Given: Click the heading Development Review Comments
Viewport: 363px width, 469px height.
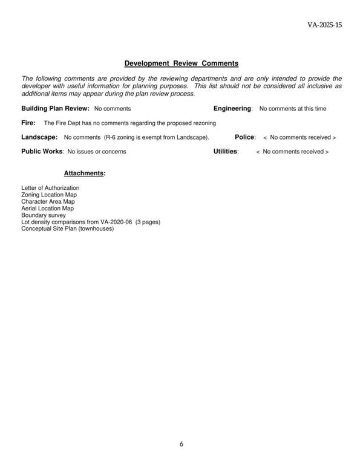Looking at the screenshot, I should click(x=181, y=63).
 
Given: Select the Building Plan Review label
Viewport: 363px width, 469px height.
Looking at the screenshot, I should click(x=55, y=108).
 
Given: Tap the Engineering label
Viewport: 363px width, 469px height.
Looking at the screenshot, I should click(x=232, y=108).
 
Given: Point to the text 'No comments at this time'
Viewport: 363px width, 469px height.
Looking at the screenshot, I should click(x=293, y=109).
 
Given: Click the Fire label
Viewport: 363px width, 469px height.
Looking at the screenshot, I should click(x=28, y=123).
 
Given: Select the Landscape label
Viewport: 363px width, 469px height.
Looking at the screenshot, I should click(x=39, y=137).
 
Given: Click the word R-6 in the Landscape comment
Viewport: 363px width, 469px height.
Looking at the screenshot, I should click(x=113, y=138).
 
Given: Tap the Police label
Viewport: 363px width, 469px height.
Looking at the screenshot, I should click(x=245, y=137).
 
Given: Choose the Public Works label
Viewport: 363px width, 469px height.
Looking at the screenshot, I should click(x=42, y=151).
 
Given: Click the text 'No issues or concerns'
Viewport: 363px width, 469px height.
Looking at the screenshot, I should click(x=97, y=152).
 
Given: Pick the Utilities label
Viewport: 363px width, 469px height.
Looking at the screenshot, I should click(x=226, y=151).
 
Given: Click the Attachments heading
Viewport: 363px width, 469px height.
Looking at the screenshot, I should click(x=85, y=173).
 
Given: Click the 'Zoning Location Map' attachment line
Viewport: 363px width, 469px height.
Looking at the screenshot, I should click(x=49, y=195).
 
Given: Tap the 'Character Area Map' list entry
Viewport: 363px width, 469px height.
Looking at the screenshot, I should click(x=48, y=201).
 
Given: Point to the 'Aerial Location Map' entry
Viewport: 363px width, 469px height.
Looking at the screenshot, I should click(x=47, y=208).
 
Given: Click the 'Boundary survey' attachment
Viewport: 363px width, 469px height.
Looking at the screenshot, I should click(x=44, y=215).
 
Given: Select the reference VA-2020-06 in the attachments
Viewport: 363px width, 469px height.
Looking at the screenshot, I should click(x=111, y=222).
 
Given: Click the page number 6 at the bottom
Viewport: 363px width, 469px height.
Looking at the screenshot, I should click(x=181, y=444).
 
